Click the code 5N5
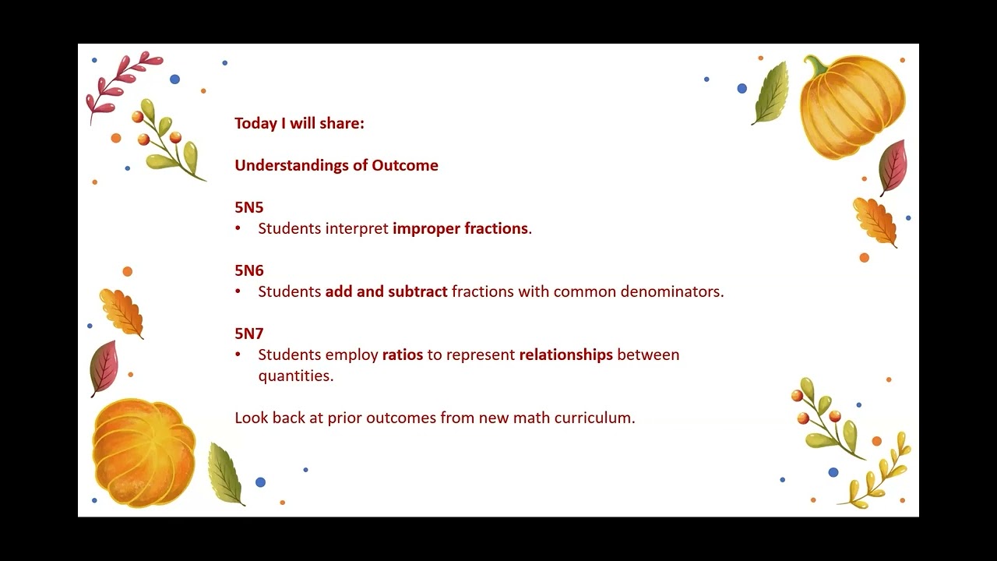click(249, 208)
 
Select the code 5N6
click(249, 271)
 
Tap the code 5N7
click(249, 334)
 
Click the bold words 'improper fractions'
click(460, 229)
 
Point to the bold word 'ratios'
click(403, 355)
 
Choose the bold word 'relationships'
click(566, 355)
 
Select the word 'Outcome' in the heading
click(405, 166)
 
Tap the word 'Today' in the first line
click(255, 123)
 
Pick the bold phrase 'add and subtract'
click(386, 292)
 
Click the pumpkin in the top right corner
click(852, 106)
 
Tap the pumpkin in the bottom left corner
click(144, 453)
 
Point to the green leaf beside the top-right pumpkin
click(770, 94)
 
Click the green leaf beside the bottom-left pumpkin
click(226, 473)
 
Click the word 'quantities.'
click(296, 376)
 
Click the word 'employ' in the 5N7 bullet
click(351, 355)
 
